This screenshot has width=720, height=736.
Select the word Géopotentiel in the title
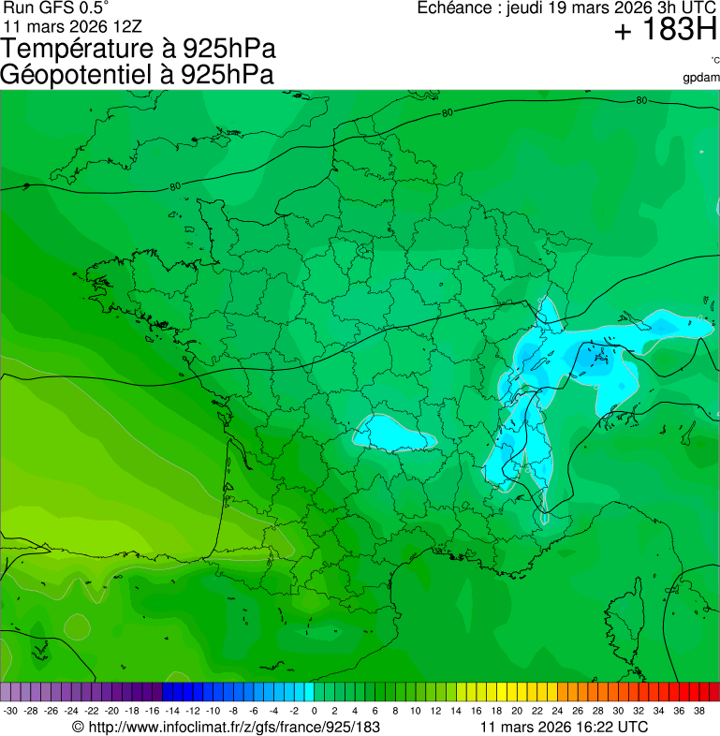click(x=85, y=75)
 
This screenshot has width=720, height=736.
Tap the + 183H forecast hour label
click(x=666, y=31)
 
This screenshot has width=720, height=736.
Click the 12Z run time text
click(x=126, y=25)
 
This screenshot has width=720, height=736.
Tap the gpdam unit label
click(x=701, y=78)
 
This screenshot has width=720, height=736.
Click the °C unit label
click(x=713, y=61)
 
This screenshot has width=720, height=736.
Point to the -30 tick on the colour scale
click(x=11, y=710)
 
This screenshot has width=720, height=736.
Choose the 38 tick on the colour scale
click(x=698, y=710)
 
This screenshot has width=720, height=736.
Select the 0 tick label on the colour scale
click(x=314, y=710)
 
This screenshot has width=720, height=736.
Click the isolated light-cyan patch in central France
click(x=393, y=433)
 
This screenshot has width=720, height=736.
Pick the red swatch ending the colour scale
click(x=713, y=692)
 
